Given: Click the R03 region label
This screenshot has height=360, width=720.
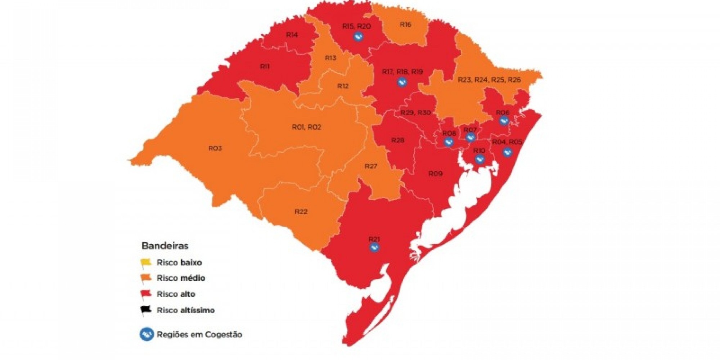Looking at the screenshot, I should click(215, 148).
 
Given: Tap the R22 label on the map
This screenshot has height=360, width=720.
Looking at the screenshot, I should click(301, 212).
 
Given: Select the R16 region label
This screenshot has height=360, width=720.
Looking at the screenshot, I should click(405, 24).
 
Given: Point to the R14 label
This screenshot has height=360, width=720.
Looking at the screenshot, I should click(292, 35).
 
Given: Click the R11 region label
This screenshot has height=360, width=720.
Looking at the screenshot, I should click(265, 67).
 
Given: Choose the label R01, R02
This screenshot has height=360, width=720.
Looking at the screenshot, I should click(306, 127).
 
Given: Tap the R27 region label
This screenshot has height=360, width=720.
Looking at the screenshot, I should click(371, 166).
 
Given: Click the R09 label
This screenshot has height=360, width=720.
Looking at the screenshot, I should click(435, 174).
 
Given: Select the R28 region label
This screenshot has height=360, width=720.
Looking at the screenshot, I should click(398, 140).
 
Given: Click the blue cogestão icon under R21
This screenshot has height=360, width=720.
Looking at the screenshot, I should click(374, 247).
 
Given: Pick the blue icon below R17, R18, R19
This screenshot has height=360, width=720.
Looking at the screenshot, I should click(402, 82).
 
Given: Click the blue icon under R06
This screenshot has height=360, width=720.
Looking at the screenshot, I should click(504, 121).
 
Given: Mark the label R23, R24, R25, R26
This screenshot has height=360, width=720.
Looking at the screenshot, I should click(489, 80).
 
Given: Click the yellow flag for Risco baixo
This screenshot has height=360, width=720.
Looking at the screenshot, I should click(146, 262).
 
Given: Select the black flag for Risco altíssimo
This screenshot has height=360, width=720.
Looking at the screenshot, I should click(146, 310).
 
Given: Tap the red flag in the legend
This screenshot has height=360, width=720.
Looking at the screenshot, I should click(146, 294).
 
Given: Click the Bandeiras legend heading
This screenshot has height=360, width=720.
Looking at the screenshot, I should click(165, 246).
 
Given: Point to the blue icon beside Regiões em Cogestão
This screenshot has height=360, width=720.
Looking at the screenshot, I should click(147, 334).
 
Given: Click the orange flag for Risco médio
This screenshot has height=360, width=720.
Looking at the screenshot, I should click(146, 278).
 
